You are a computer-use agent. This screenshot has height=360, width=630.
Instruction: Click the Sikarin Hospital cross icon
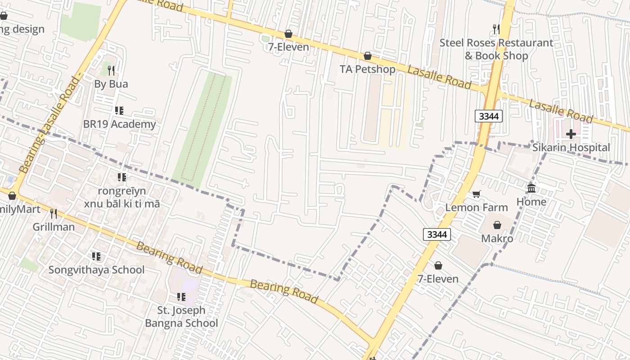click(571, 134)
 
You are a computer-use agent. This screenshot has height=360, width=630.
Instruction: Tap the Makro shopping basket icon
click(497, 225)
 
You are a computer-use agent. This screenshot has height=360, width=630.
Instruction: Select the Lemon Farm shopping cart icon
click(477, 194)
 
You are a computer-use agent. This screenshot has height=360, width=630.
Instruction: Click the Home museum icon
click(531, 188)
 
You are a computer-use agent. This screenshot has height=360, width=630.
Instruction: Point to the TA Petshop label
click(368, 69)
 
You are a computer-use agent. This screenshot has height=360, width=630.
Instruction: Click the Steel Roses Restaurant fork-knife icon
click(496, 29)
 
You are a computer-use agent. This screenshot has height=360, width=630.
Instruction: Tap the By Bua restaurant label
click(111, 84)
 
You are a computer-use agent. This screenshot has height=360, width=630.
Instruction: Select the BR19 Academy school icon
click(119, 111)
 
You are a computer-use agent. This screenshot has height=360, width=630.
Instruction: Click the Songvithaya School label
click(96, 270)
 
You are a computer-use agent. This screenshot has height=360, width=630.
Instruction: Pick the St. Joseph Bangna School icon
click(181, 297)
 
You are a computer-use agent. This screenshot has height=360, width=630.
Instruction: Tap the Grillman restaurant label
click(54, 227)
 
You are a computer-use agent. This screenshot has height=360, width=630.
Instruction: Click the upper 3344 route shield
click(489, 116)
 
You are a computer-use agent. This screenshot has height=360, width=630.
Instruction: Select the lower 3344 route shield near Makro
click(437, 234)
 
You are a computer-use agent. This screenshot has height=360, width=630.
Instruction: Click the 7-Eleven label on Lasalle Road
click(288, 47)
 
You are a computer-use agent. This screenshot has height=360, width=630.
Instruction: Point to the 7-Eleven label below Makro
click(438, 279)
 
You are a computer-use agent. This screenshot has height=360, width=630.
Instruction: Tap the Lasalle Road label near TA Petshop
click(439, 77)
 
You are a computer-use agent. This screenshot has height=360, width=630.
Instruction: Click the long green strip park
click(202, 130)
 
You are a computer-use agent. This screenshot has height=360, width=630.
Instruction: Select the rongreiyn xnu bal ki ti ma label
click(122, 197)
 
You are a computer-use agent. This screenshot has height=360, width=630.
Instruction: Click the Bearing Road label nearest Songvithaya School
click(169, 257)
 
